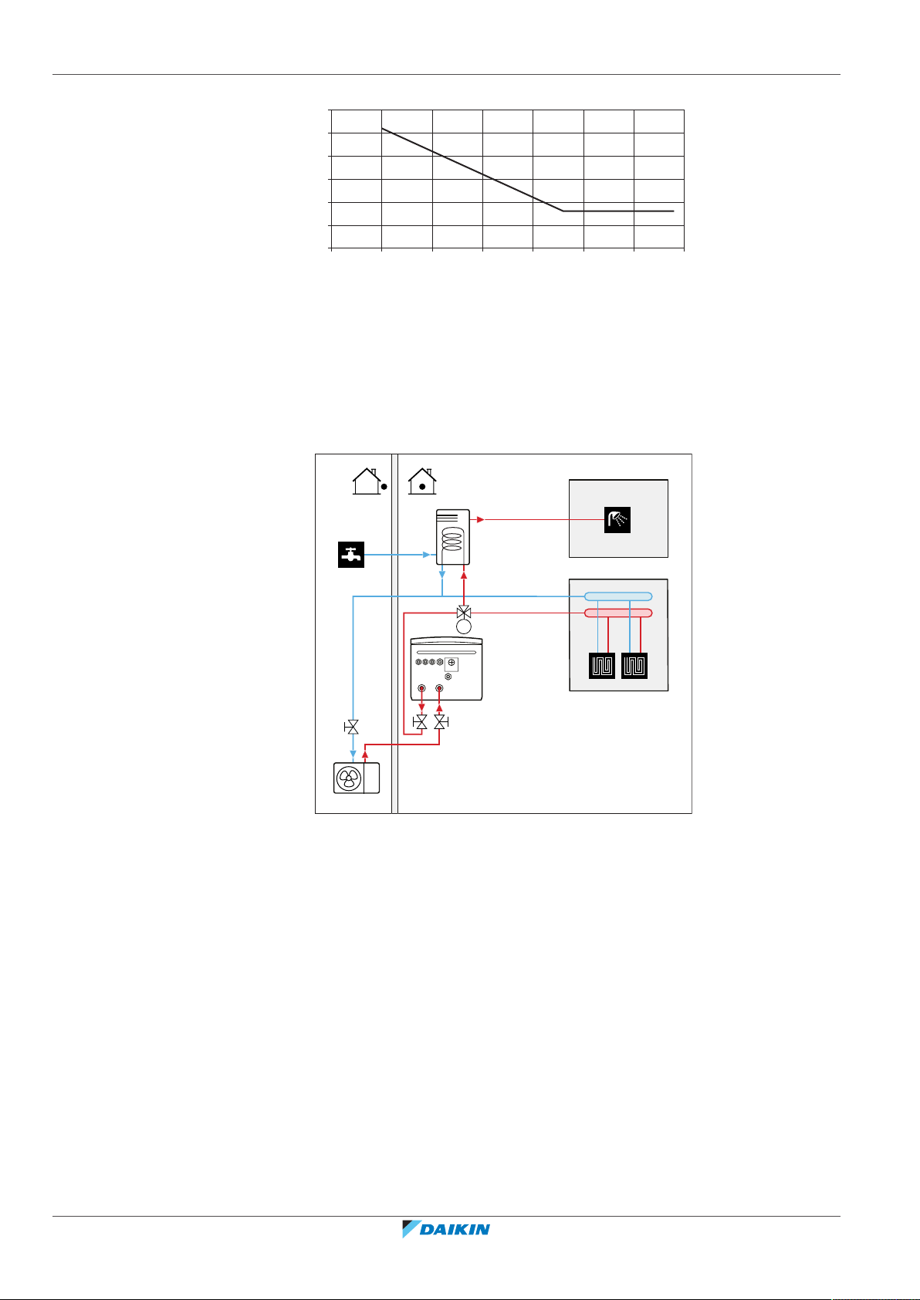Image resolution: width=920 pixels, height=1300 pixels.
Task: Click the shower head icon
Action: point(617,519)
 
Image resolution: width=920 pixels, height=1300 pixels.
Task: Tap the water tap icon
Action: point(350,555)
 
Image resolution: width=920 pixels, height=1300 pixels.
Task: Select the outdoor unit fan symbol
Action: point(348,778)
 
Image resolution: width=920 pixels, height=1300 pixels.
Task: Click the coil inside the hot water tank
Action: point(453,538)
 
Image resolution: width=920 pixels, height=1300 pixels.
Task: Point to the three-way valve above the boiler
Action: point(464,612)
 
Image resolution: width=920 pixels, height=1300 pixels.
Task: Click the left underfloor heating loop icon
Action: point(602,665)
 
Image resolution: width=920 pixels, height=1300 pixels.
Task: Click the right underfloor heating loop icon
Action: point(634,665)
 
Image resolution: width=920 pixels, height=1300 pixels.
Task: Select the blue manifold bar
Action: point(618,596)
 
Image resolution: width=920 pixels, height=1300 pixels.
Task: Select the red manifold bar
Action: point(618,613)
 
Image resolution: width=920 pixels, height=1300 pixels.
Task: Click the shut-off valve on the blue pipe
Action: point(353,727)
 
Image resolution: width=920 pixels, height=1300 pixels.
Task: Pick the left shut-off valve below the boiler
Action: point(421,723)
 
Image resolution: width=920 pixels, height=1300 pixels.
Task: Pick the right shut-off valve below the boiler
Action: point(440,723)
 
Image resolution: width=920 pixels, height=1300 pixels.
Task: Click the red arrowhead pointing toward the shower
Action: point(480,519)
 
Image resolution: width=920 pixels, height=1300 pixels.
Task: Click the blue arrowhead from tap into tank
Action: point(426,555)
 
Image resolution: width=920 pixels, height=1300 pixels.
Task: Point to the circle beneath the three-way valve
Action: point(464,626)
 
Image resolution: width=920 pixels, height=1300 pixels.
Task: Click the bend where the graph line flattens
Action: point(563,211)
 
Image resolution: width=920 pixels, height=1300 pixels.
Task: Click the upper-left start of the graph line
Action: point(382,128)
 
